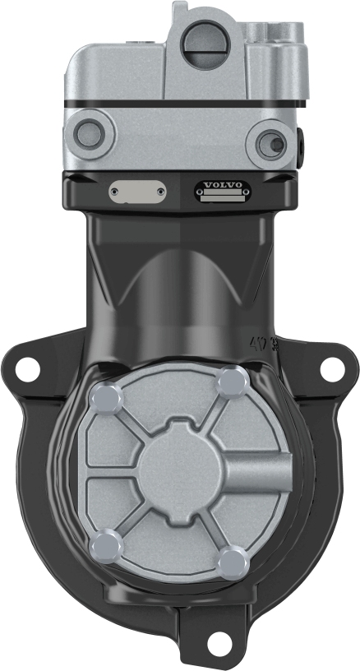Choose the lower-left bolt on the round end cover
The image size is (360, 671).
coord(107,544)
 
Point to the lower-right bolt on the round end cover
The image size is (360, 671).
coord(235,562)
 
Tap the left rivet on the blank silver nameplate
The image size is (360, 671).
coord(117,191)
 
